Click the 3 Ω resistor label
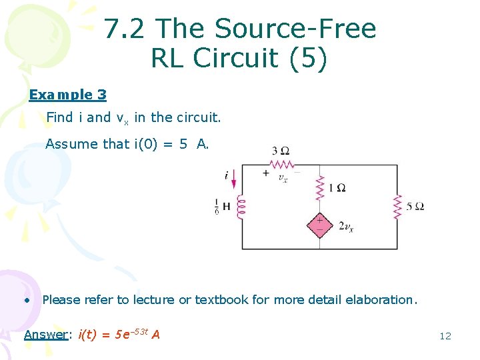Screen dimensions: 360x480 click(x=281, y=150)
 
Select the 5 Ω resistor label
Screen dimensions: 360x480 click(x=415, y=206)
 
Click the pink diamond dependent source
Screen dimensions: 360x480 click(x=319, y=225)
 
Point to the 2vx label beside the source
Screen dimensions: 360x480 click(x=345, y=227)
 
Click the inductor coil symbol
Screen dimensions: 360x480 click(x=241, y=206)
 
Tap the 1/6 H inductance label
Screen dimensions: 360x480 click(x=222, y=207)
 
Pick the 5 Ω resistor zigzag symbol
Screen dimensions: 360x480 click(x=397, y=206)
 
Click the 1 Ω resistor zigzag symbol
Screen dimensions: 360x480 click(x=320, y=187)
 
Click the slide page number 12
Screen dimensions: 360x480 click(x=445, y=336)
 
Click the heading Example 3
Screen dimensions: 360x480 click(x=67, y=95)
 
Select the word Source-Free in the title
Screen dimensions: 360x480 click(x=297, y=29)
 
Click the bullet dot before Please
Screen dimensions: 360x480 click(x=27, y=300)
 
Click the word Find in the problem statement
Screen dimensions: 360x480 click(x=59, y=118)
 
